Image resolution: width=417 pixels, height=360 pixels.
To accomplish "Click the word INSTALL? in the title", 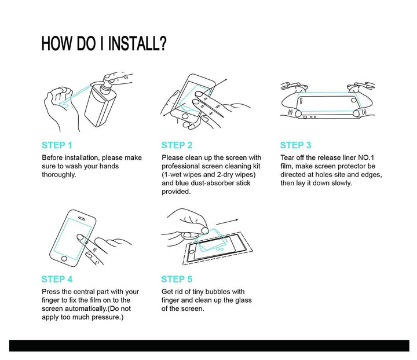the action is [x=137, y=43].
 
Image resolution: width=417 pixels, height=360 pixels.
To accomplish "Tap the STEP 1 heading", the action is [x=57, y=145].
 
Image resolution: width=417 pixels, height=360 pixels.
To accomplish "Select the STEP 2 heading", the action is [x=177, y=145].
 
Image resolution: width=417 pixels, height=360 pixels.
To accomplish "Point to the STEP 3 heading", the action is [x=295, y=145].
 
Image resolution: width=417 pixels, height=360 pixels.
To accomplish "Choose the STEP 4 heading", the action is [x=57, y=279].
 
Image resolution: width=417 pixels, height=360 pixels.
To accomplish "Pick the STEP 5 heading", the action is [x=177, y=279].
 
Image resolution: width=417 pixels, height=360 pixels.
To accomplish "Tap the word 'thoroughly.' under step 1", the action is [x=58, y=175].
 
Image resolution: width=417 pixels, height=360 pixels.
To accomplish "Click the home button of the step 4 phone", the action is [x=64, y=259].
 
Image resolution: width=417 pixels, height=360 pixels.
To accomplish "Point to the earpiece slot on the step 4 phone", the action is [x=82, y=218].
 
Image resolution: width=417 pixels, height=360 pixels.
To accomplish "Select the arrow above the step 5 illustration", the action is [x=227, y=222].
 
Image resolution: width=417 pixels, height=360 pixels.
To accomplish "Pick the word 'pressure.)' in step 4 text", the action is [x=108, y=318].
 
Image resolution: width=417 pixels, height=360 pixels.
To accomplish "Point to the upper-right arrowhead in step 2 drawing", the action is [x=225, y=80].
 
